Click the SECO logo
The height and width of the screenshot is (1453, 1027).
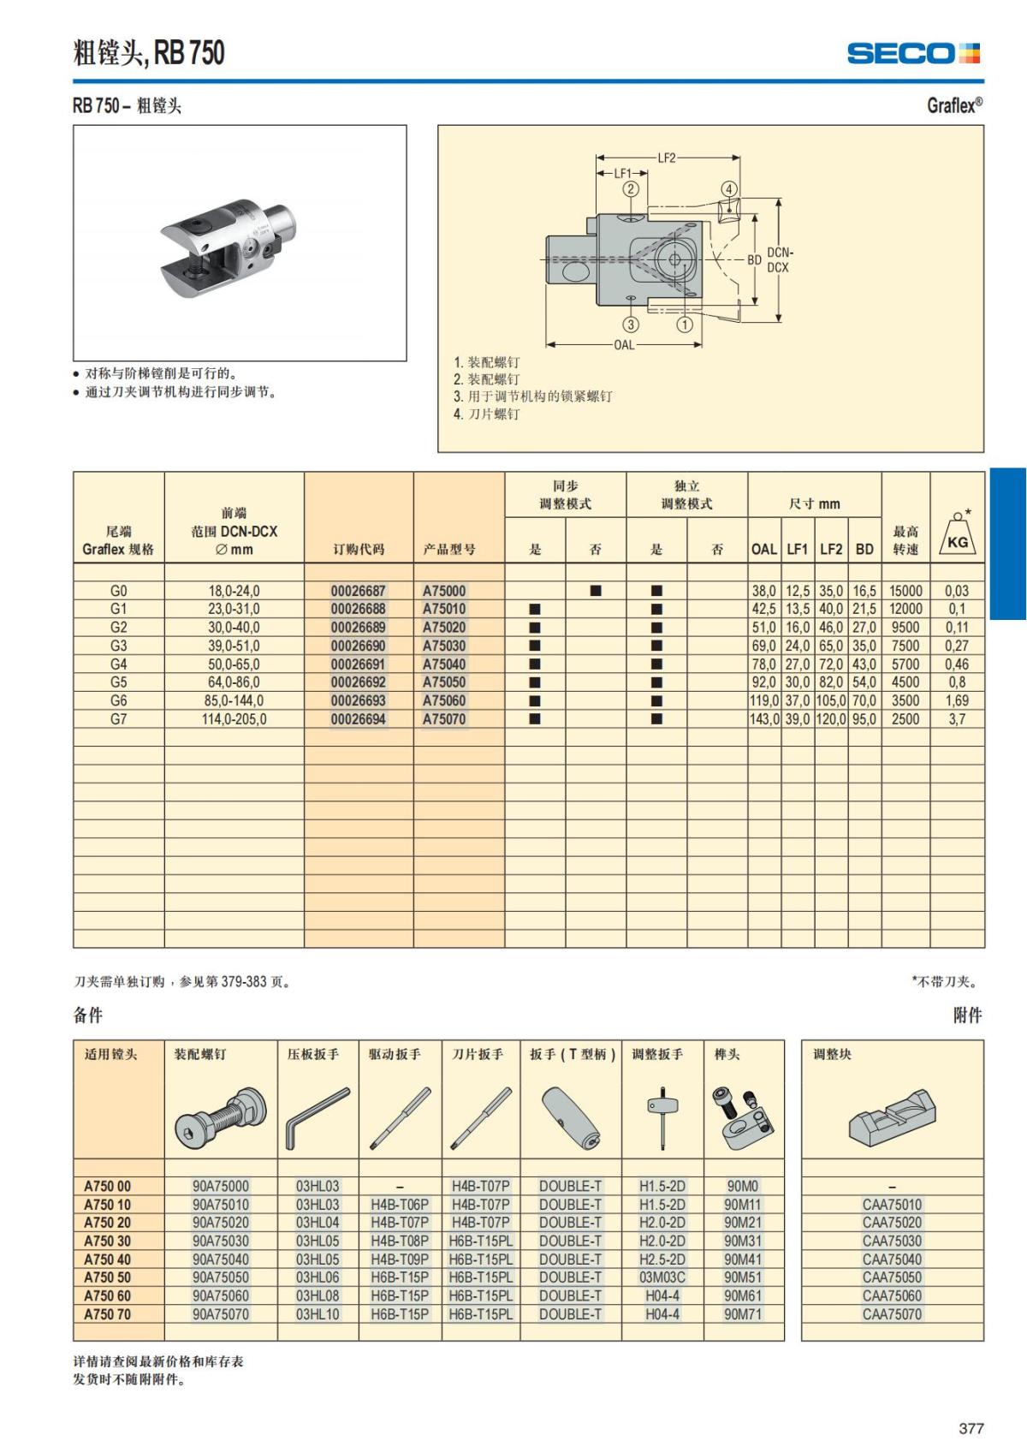point(912,53)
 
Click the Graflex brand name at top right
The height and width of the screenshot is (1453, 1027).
point(954,105)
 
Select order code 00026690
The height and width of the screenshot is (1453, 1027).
point(358,646)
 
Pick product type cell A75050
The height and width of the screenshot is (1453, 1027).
point(444,682)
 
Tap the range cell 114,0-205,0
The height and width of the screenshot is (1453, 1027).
point(234,719)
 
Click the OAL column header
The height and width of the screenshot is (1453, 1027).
point(763,549)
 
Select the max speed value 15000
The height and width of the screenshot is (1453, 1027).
point(905,591)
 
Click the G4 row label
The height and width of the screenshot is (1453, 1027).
point(118,664)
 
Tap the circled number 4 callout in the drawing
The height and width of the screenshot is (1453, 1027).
point(728,189)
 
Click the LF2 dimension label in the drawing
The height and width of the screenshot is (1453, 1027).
point(666,158)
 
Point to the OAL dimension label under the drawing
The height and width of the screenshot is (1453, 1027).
point(624,345)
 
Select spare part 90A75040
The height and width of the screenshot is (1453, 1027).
point(220,1259)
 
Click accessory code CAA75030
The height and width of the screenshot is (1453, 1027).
point(892,1242)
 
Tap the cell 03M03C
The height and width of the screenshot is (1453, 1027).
point(662,1277)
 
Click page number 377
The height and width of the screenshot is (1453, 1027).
point(971,1428)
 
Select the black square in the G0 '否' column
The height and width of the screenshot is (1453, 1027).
point(596,591)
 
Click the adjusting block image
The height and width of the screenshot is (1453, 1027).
point(892,1117)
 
